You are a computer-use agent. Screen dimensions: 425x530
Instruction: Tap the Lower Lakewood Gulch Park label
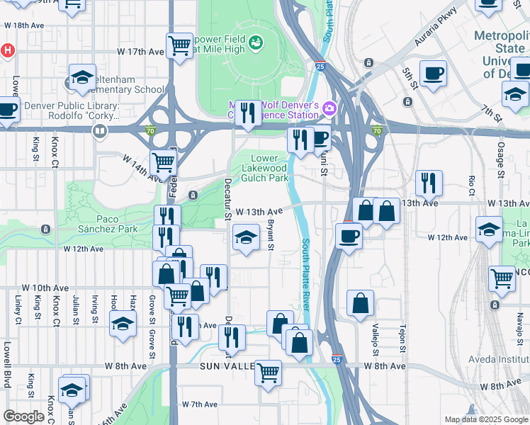[270, 168]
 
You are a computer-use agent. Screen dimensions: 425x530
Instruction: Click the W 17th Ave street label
[141, 52]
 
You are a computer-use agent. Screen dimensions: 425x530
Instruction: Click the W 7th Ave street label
[198, 404]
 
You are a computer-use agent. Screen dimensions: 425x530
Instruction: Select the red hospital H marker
[7, 50]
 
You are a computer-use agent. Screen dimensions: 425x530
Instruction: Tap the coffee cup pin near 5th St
[433, 72]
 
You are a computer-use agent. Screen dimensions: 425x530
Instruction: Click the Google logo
[23, 416]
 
